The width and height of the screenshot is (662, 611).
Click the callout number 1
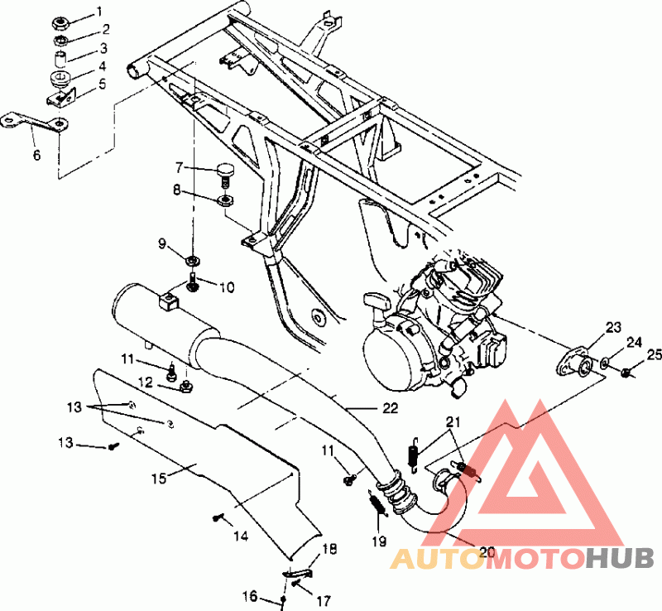[x=99, y=12]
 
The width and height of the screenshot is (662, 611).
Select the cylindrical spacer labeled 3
[x=61, y=59]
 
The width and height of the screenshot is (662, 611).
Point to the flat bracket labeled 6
[x=35, y=121]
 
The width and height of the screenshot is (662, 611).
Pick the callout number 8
[x=176, y=190]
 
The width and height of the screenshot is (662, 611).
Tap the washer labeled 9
[x=193, y=260]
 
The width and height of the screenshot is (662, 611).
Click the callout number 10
[x=227, y=287]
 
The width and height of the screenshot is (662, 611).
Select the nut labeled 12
[x=185, y=386]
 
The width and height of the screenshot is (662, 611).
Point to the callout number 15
[x=159, y=479]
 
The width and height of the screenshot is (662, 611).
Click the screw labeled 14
[x=218, y=517]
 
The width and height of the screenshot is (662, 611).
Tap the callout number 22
[x=390, y=408]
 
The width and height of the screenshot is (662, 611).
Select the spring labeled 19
[x=378, y=504]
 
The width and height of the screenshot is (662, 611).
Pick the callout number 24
[x=634, y=343]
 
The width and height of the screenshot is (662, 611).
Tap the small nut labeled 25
[x=626, y=373]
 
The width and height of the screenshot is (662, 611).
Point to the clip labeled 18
[x=297, y=573]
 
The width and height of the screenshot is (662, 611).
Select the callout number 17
[x=323, y=600]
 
